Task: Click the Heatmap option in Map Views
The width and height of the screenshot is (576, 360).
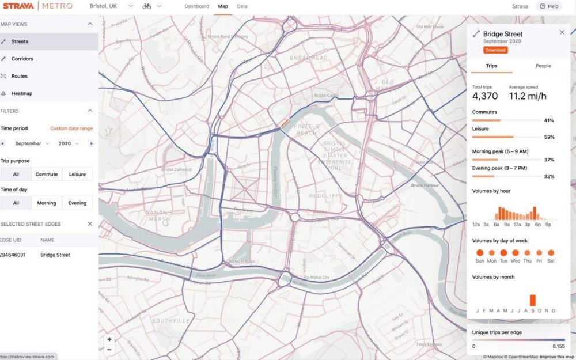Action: click(x=22, y=93)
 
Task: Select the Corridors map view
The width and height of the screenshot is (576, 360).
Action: click(x=22, y=59)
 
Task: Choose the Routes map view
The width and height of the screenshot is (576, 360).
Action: click(x=19, y=76)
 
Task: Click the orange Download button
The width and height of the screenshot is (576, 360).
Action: click(x=495, y=50)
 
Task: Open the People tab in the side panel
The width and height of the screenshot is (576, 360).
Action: click(x=543, y=66)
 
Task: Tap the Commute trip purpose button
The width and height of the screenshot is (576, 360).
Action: click(x=47, y=174)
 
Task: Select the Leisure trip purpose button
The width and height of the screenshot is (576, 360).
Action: click(x=77, y=174)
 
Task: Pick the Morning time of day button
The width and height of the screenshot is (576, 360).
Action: click(x=47, y=203)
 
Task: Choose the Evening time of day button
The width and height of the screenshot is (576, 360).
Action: click(x=77, y=203)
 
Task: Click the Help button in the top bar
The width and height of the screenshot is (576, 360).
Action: click(x=549, y=6)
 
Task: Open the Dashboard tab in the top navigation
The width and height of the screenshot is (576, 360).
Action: click(x=196, y=6)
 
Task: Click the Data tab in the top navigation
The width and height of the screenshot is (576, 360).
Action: click(x=242, y=6)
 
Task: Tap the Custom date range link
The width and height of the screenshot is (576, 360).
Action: click(x=71, y=128)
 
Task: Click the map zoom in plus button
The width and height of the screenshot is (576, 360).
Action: click(x=109, y=339)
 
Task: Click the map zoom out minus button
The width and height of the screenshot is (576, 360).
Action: click(x=109, y=349)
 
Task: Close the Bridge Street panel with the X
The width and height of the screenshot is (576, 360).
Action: click(x=562, y=32)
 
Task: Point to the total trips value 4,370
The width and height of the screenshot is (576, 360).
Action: click(x=485, y=96)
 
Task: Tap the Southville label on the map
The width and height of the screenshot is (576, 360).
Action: click(x=170, y=320)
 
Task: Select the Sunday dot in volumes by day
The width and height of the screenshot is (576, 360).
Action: click(x=479, y=252)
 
